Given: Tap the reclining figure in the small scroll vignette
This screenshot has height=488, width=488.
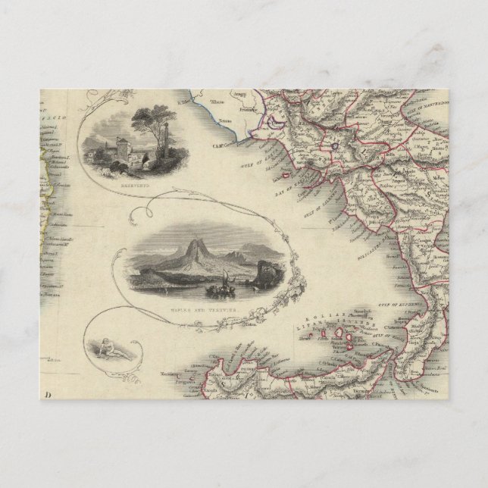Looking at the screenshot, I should coord(111,351).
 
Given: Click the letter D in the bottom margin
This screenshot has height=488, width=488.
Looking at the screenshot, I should coord(48,393).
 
